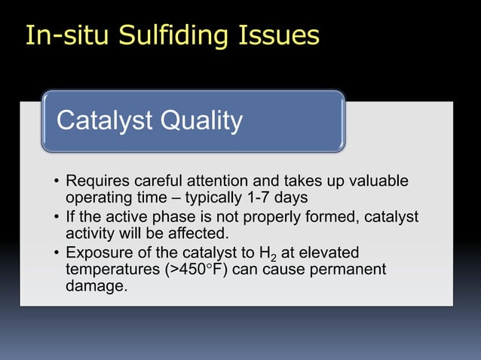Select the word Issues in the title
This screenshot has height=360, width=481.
click(x=279, y=35)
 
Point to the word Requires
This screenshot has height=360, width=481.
click(x=97, y=182)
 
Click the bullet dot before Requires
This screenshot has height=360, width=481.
click(x=57, y=182)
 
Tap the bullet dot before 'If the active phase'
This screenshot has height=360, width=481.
click(x=57, y=218)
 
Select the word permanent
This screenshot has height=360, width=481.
click(x=352, y=268)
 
